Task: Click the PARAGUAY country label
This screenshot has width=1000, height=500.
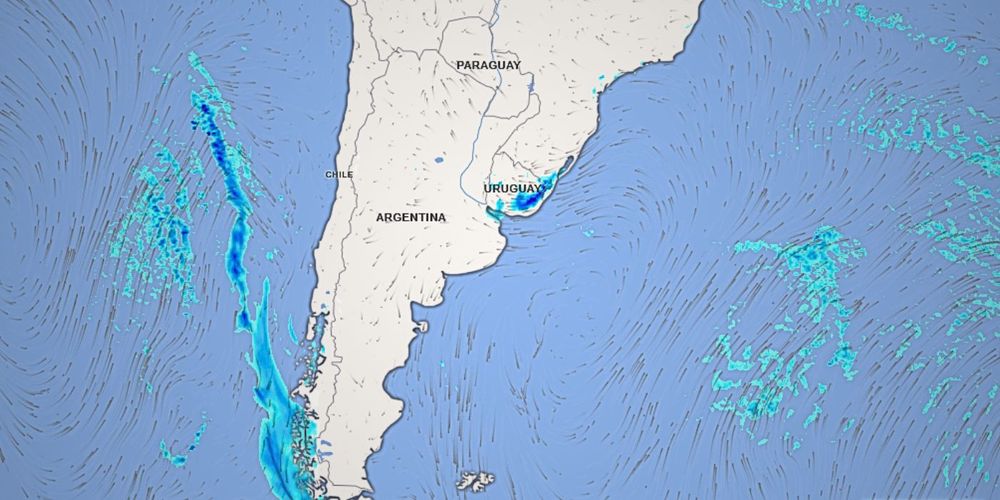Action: [488, 65]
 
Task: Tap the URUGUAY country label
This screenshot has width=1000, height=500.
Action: [513, 188]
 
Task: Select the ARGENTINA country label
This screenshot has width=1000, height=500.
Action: [411, 217]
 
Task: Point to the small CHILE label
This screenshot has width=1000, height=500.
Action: [339, 175]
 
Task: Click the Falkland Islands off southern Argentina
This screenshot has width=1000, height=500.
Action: [478, 481]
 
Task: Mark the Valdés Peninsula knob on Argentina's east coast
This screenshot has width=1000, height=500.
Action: [421, 326]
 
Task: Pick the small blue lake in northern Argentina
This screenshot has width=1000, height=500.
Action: [439, 159]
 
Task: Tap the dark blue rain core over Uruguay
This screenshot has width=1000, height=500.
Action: [523, 202]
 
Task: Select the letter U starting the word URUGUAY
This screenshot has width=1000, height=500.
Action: [487, 188]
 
